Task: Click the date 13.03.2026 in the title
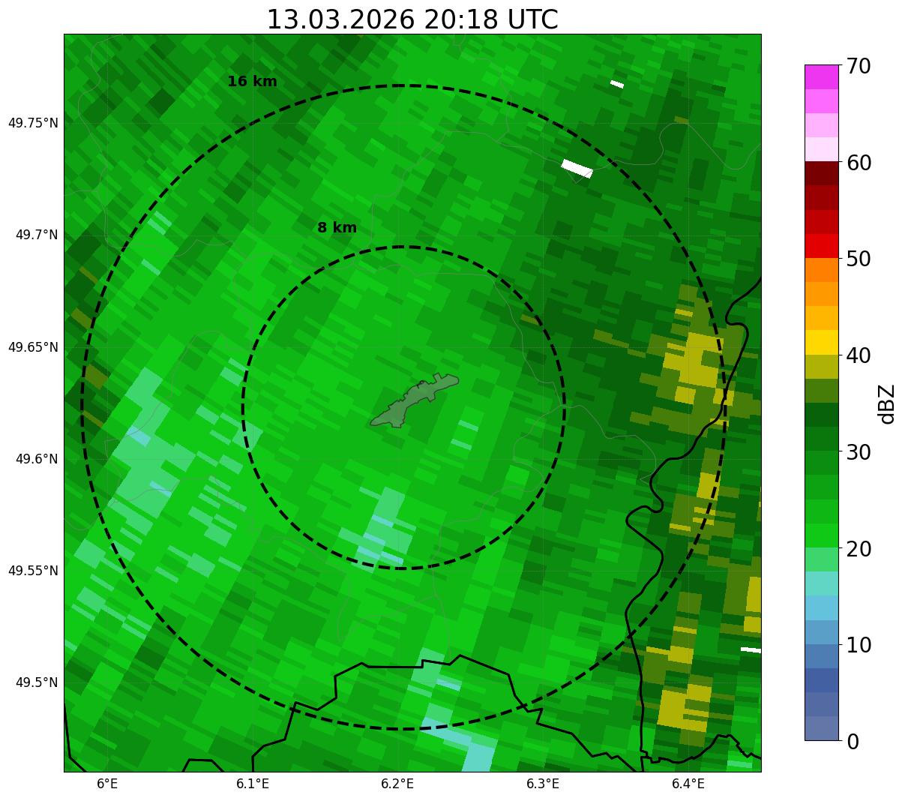tap(340, 19)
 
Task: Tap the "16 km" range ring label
tap(252, 82)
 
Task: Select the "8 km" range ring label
tap(337, 228)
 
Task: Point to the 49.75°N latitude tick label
tap(33, 123)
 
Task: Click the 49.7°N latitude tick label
tap(37, 235)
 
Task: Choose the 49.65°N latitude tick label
tap(33, 347)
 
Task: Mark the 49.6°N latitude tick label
tap(37, 459)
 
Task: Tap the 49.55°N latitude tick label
tap(33, 571)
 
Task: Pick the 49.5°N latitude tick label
tap(37, 682)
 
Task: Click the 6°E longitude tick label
tap(107, 784)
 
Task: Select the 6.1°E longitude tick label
tap(253, 784)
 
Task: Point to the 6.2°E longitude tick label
tap(397, 784)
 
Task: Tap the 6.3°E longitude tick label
tap(543, 784)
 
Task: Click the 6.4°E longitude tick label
tap(688, 784)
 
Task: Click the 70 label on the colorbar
tap(858, 66)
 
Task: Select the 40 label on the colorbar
tap(858, 355)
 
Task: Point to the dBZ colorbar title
tap(888, 403)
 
